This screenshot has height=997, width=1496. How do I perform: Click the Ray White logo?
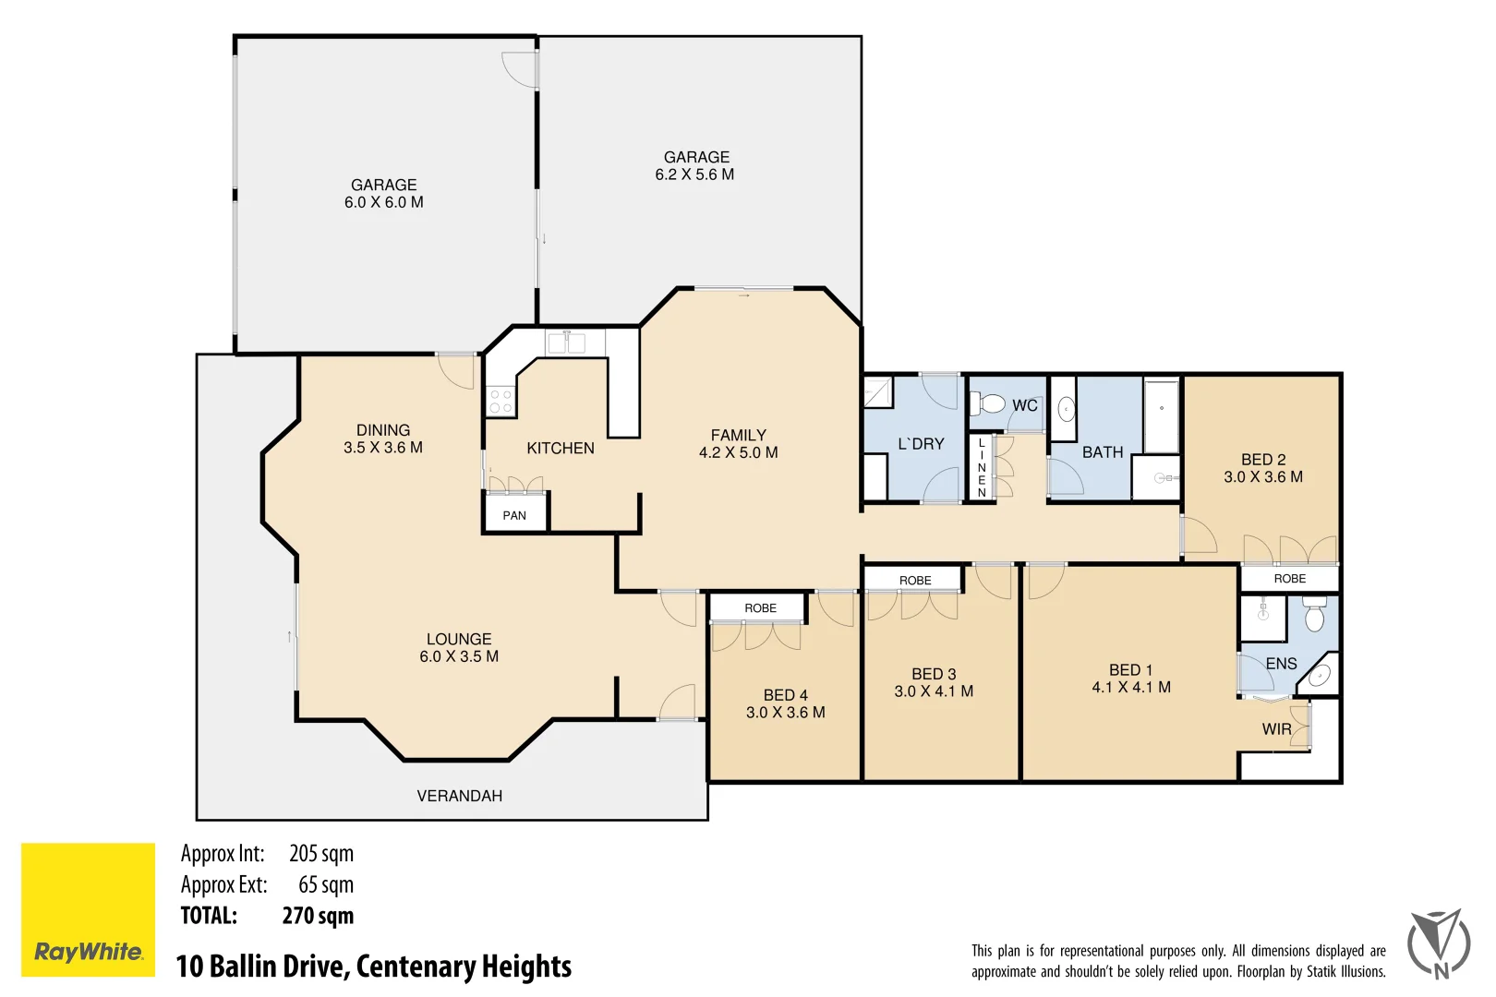(x=88, y=909)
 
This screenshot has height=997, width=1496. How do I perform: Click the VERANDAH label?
(x=459, y=796)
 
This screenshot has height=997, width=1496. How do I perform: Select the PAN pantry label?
(x=514, y=516)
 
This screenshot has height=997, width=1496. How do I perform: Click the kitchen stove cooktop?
(x=501, y=401)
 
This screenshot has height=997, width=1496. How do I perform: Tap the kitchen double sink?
(x=565, y=343)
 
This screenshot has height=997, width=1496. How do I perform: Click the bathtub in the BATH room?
(x=1162, y=414)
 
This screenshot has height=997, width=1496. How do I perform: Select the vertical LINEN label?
(x=982, y=468)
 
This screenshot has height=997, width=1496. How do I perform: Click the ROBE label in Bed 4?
(x=760, y=608)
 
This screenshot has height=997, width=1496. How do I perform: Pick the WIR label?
(x=1276, y=729)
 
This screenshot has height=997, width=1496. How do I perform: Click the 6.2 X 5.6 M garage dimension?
(x=694, y=174)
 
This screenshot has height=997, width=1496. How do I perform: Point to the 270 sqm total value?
(x=318, y=916)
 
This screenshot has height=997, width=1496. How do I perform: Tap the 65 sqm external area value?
(x=325, y=884)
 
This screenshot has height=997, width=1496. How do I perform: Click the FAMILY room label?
(x=738, y=435)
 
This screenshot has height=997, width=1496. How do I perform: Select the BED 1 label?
(x=1130, y=670)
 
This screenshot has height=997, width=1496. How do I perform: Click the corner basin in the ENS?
(x=1321, y=675)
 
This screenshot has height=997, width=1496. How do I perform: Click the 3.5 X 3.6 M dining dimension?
(x=382, y=448)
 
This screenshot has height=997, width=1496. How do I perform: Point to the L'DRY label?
(x=921, y=444)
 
